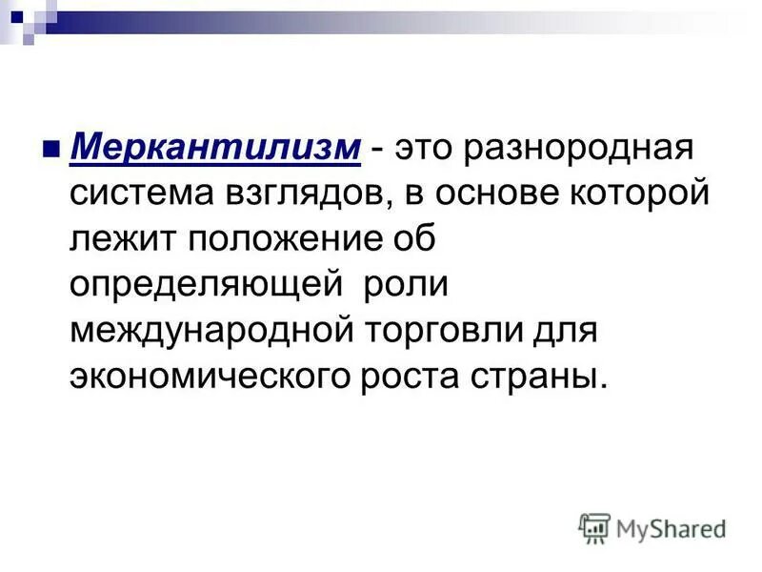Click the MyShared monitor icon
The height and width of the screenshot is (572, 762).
(594, 527)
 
